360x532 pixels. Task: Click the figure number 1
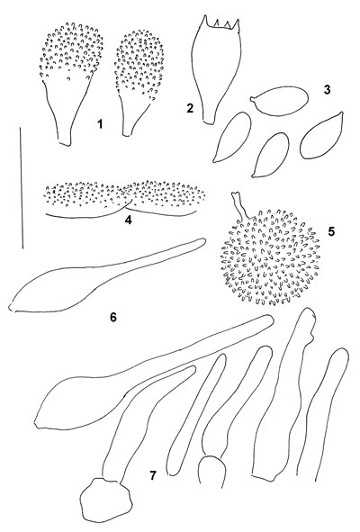coord(100,124)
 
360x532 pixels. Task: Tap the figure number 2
coord(190,108)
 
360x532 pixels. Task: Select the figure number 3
coord(327,90)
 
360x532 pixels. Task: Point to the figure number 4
coord(128,220)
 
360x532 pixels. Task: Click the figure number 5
coord(331,231)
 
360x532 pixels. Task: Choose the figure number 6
coord(113,317)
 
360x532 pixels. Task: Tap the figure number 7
coord(153,475)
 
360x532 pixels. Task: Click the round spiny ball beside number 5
coord(269,257)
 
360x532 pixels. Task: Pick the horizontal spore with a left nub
coord(280,101)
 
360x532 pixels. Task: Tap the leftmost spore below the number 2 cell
coord(232,137)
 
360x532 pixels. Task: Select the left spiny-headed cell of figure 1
coord(71,84)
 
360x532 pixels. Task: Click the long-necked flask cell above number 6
coord(107,275)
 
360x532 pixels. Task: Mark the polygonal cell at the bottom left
coord(105,500)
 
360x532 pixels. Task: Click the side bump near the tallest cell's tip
coord(313,336)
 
